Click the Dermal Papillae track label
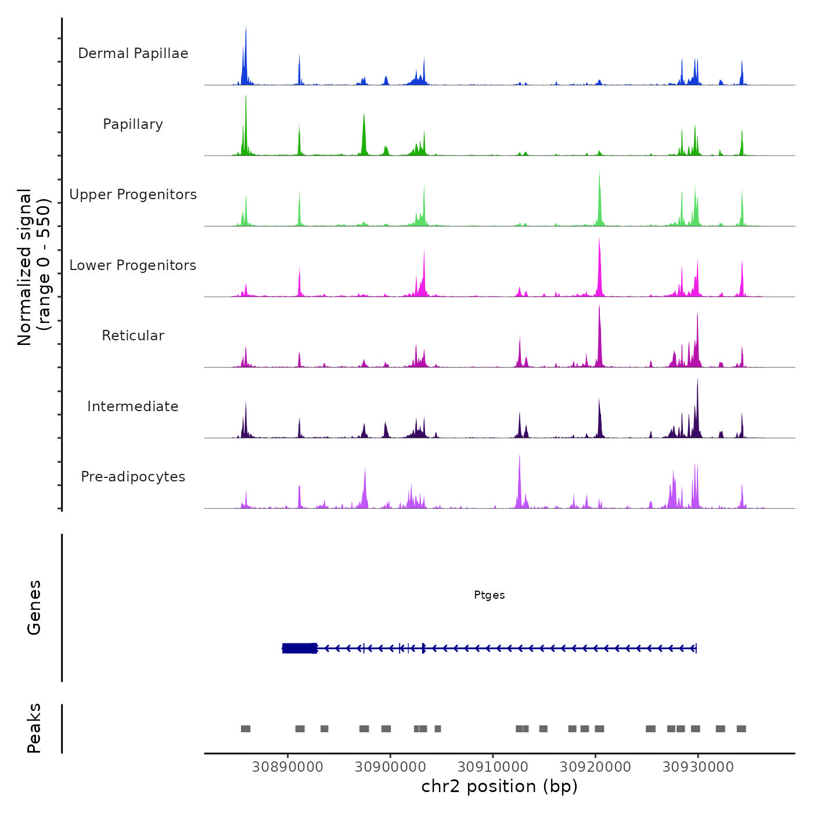133,53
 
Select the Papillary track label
133,124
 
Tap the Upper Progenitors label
133,195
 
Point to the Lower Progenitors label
133,265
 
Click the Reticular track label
133,336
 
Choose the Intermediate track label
133,406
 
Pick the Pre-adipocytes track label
133,477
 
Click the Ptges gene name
489,595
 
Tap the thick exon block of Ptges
300,648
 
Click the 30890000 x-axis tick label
287,767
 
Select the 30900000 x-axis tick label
390,767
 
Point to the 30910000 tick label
493,767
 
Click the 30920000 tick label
595,767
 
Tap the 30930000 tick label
698,767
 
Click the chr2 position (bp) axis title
499,787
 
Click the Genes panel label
34,607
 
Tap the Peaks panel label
34,728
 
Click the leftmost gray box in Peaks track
246,729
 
